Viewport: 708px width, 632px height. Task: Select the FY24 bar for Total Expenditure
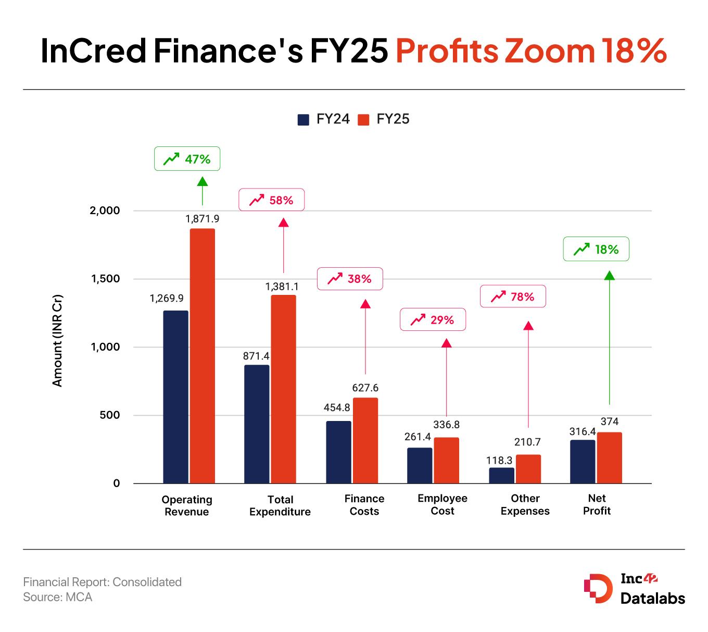pos(257,424)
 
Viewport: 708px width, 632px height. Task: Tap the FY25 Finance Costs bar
pos(365,440)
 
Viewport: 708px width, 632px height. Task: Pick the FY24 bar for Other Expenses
pos(501,475)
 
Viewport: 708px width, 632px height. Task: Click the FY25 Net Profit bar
pos(609,457)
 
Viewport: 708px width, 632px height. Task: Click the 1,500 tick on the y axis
pos(106,279)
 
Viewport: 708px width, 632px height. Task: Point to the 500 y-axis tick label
pos(110,415)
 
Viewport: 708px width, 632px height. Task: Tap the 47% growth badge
pos(187,159)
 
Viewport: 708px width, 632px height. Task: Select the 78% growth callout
pos(513,296)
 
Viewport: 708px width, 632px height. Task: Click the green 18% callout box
pos(596,250)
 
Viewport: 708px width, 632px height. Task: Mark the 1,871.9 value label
pos(203,219)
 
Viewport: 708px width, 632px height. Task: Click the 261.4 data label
pos(418,437)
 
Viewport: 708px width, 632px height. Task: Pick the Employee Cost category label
pos(443,504)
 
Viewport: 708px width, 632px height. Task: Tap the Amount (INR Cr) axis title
pos(58,341)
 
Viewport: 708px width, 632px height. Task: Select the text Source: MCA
pos(58,597)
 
